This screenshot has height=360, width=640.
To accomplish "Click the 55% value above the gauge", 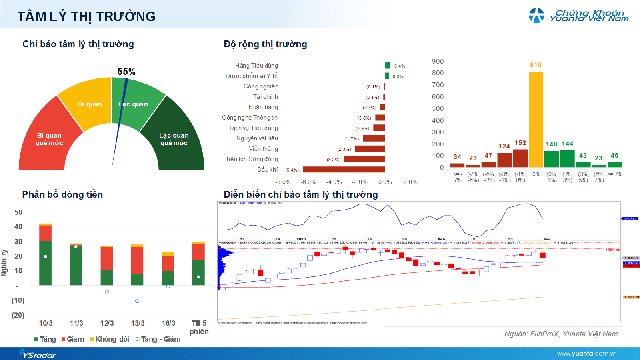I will (x=127, y=71).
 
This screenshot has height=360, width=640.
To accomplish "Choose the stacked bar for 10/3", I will (x=45, y=256).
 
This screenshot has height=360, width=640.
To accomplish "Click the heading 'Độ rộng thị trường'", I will (x=265, y=45).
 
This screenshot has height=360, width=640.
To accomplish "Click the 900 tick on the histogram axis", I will (x=438, y=61).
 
